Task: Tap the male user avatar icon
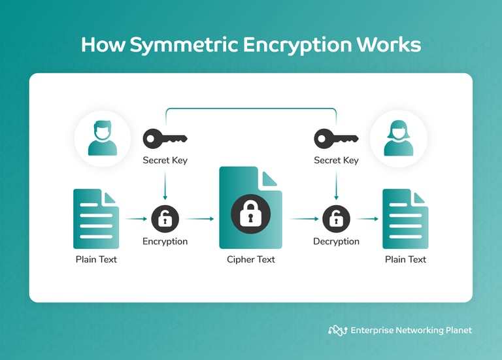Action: tap(102, 139)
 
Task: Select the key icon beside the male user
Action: tap(165, 139)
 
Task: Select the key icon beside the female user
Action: tap(336, 139)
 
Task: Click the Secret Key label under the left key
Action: tap(165, 160)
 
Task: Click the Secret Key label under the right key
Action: tap(336, 160)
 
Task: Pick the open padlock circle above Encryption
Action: tap(165, 219)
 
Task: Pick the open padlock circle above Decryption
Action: tap(336, 219)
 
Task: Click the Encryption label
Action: tap(165, 241)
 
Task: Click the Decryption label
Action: tap(336, 241)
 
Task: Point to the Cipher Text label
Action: tap(250, 259)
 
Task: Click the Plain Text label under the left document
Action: tap(95, 259)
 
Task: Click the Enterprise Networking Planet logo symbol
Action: tap(337, 330)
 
